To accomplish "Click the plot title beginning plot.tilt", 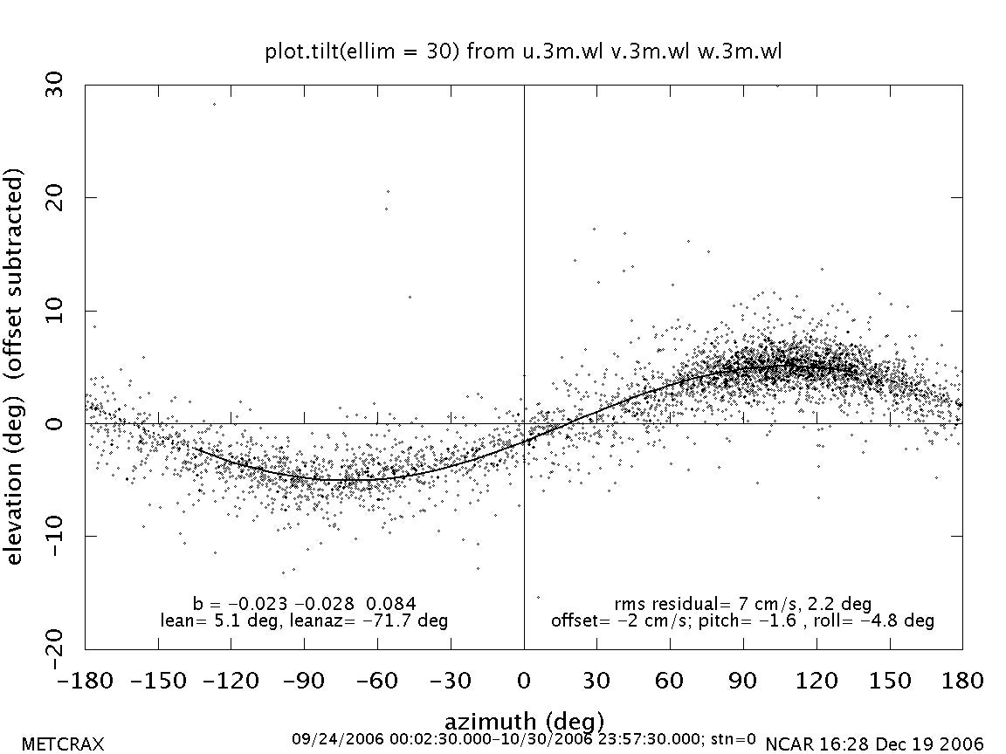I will click(x=523, y=51).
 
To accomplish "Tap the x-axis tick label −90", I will click(x=304, y=681).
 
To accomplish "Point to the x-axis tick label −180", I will click(x=85, y=681).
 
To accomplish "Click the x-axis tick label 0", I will click(x=524, y=681).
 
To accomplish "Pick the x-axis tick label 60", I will click(x=670, y=681).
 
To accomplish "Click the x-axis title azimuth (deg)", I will click(x=524, y=721).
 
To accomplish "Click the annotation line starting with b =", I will click(x=304, y=603).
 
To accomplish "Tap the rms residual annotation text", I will click(x=742, y=603).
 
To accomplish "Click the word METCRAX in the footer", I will click(x=62, y=744).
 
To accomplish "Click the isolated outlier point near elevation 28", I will click(x=214, y=104).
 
